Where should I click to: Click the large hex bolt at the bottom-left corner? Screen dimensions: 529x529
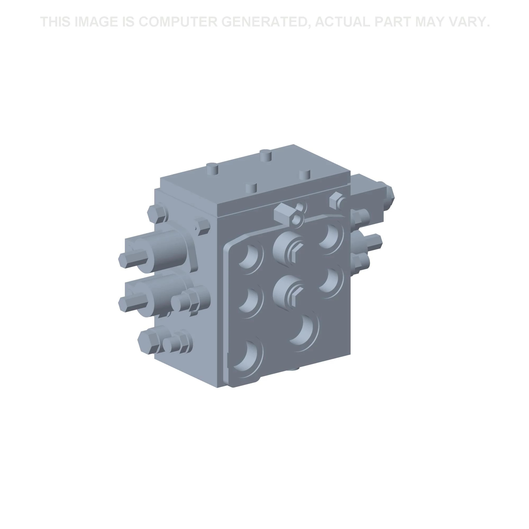pos(148,342)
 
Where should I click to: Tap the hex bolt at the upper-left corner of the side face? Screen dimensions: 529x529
pos(157,215)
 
